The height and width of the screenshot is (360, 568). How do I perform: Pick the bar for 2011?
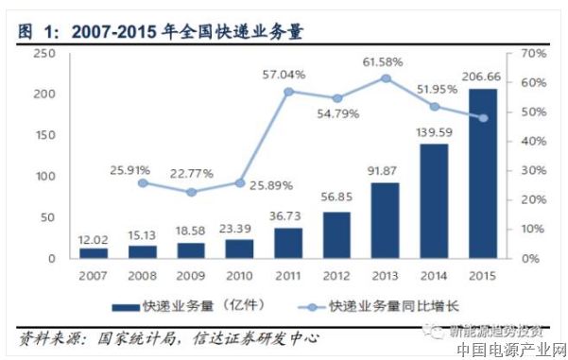click(288, 243)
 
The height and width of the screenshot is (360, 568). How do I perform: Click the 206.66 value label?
click(484, 77)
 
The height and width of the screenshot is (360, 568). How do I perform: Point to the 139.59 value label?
click(435, 132)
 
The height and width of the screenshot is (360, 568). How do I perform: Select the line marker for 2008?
click(142, 182)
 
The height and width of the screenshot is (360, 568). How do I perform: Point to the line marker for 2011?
click(288, 92)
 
